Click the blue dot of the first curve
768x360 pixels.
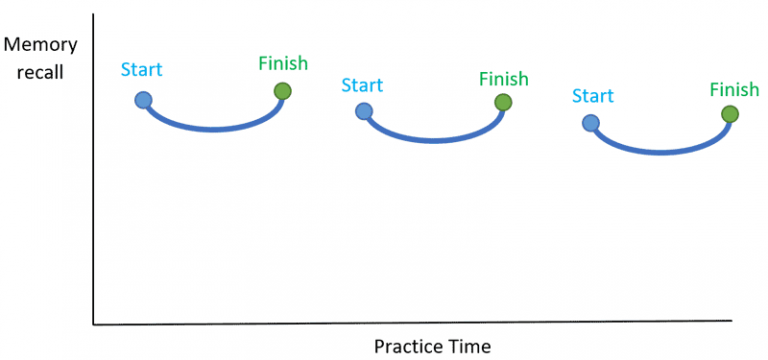[x=143, y=99]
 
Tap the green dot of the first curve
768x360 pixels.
[x=283, y=92]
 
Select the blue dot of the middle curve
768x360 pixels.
[x=364, y=111]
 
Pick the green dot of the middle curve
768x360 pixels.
[x=503, y=102]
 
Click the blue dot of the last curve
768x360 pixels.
[x=591, y=123]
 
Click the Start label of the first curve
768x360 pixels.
[x=141, y=70]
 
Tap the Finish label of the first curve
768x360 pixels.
[x=283, y=63]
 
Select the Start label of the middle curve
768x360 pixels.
[x=362, y=84]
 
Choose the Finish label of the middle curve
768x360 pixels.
[x=503, y=77]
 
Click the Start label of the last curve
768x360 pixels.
[x=593, y=96]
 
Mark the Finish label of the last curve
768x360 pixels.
[x=734, y=89]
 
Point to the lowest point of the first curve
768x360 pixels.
[x=213, y=129]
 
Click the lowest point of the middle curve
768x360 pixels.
[x=433, y=140]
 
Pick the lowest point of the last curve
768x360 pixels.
[x=660, y=152]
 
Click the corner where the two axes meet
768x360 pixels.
[x=93, y=324]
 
